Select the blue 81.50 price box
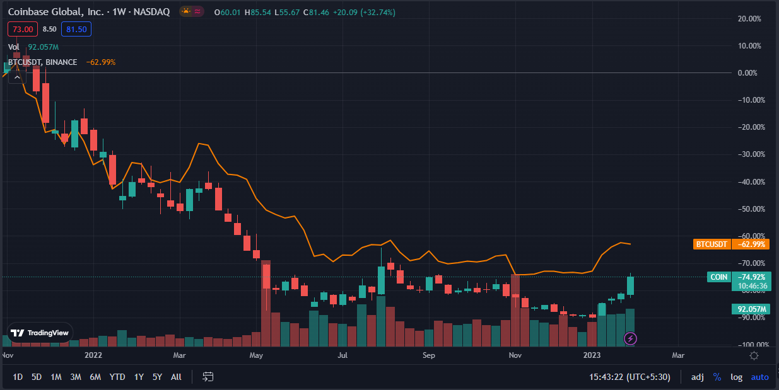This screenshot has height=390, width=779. [x=76, y=29]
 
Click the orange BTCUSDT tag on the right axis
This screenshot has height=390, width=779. [x=711, y=244]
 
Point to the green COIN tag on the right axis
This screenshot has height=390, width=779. [x=718, y=277]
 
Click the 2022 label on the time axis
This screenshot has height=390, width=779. [x=93, y=355]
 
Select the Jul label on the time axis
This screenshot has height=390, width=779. [x=343, y=355]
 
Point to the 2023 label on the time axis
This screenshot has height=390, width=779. [x=594, y=355]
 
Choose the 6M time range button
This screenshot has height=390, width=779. [x=95, y=377]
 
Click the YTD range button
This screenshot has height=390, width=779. [x=117, y=377]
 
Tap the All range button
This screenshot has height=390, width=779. [x=176, y=377]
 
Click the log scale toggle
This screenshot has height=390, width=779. [x=736, y=377]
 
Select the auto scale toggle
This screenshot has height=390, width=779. [x=759, y=377]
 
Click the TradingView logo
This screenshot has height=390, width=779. [x=40, y=333]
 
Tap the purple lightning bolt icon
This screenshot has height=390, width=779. [x=630, y=338]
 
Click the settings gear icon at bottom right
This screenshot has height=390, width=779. [x=754, y=355]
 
